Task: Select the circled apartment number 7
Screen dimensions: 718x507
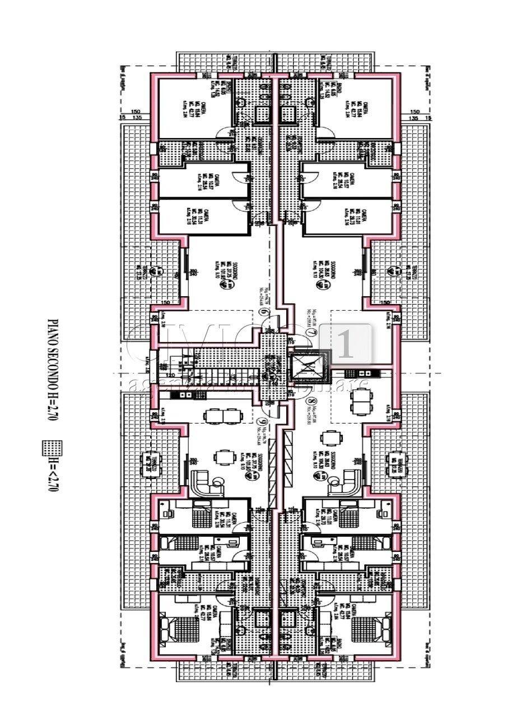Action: [x=310, y=334]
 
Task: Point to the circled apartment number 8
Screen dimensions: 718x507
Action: [x=310, y=402]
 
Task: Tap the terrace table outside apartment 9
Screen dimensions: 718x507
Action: [x=150, y=463]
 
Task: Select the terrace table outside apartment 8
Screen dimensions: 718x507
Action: [x=399, y=463]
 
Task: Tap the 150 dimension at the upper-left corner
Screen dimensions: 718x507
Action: [x=134, y=111]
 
